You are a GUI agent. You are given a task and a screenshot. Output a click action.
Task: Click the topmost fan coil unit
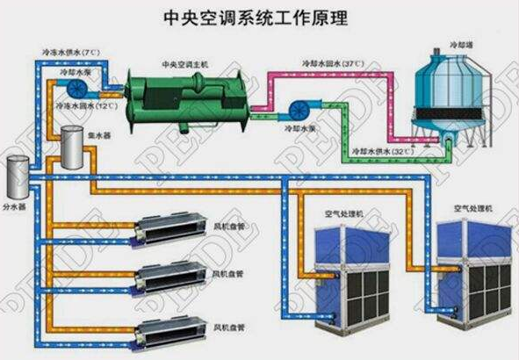point(171,231)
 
